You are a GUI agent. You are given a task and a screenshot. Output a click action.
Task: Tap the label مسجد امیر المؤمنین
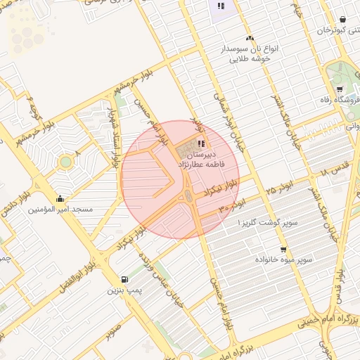(x=59, y=209)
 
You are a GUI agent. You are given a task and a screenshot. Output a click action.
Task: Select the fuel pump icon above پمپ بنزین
(x=125, y=278)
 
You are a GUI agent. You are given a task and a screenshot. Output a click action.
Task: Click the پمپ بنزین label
(x=124, y=289)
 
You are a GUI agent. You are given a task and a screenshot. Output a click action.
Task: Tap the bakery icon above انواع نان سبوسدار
(x=249, y=39)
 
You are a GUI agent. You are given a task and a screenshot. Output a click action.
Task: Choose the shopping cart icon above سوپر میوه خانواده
(x=283, y=249)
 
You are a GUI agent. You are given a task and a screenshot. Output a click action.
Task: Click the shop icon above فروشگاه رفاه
(x=340, y=89)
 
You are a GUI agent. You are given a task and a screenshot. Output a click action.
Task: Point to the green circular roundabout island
(x=65, y=162)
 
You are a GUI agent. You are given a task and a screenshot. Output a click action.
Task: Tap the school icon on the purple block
(x=221, y=6)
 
